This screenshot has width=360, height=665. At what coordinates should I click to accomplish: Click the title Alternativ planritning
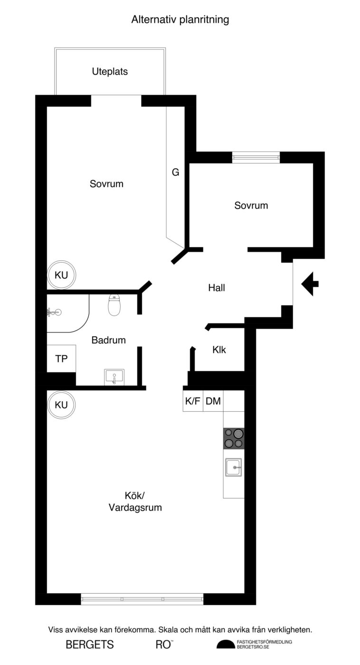[x=180, y=20]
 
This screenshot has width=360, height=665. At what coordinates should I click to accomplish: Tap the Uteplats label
[x=110, y=72]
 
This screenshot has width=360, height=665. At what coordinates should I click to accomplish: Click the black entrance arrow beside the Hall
[x=310, y=284]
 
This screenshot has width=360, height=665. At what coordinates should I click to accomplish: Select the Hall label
[x=217, y=288]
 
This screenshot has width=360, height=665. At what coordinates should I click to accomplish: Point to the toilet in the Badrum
[x=114, y=305]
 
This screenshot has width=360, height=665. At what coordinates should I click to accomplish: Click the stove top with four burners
[x=234, y=438]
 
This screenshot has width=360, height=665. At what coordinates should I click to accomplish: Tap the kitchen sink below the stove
[x=233, y=467]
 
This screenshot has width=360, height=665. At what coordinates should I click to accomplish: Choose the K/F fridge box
[x=193, y=401]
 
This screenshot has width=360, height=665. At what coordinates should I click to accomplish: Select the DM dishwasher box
[x=213, y=401]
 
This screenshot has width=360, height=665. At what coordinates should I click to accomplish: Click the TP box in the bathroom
[x=61, y=358]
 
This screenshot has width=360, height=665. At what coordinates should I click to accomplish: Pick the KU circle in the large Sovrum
[x=61, y=275]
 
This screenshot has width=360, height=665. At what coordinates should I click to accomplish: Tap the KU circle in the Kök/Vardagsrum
[x=61, y=405]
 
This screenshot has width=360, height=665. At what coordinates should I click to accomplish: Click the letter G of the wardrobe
[x=175, y=172]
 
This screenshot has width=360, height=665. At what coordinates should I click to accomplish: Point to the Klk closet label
[x=219, y=350]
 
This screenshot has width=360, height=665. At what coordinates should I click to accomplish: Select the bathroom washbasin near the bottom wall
[x=114, y=377]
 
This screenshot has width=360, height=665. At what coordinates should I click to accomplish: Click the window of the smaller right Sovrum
[x=256, y=157]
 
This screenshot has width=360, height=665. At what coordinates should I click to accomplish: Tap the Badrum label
[x=109, y=340]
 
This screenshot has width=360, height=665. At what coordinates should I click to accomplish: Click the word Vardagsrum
[x=135, y=507]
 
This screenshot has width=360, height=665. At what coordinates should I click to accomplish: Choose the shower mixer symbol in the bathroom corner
[x=54, y=312]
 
